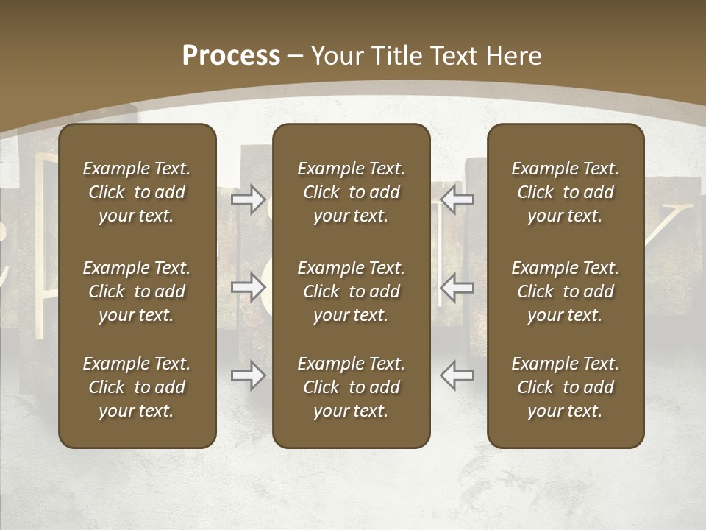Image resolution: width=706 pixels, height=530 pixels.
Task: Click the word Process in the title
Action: pyautogui.click(x=231, y=56)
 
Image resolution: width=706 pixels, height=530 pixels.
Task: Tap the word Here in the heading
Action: pyautogui.click(x=515, y=56)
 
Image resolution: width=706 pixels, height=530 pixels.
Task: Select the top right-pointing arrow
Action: pyautogui.click(x=249, y=199)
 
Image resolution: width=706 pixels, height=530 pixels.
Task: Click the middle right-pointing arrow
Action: pyautogui.click(x=249, y=287)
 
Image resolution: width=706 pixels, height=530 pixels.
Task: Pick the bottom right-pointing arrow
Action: pyautogui.click(x=249, y=375)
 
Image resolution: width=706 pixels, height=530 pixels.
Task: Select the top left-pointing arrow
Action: pyautogui.click(x=457, y=199)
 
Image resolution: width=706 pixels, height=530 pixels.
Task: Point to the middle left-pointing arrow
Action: pyautogui.click(x=457, y=287)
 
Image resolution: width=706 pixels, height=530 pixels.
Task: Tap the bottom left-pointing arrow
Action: pyautogui.click(x=457, y=375)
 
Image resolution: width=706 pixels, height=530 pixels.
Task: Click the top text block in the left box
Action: pyautogui.click(x=137, y=192)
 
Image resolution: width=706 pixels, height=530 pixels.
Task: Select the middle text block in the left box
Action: pyautogui.click(x=137, y=291)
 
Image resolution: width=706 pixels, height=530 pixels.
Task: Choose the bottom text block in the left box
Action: pyautogui.click(x=137, y=387)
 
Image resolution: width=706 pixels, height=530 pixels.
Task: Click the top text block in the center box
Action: pyautogui.click(x=351, y=192)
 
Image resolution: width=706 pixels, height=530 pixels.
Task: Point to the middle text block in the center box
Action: pyautogui.click(x=351, y=291)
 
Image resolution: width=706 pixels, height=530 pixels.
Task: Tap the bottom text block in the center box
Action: pyautogui.click(x=351, y=387)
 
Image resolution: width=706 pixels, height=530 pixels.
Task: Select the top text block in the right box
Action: pyautogui.click(x=565, y=192)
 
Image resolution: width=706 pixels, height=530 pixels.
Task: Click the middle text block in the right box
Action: pyautogui.click(x=565, y=291)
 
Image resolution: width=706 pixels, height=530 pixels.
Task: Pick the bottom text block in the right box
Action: pyautogui.click(x=565, y=387)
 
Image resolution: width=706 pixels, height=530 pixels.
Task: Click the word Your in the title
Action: pyautogui.click(x=335, y=56)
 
